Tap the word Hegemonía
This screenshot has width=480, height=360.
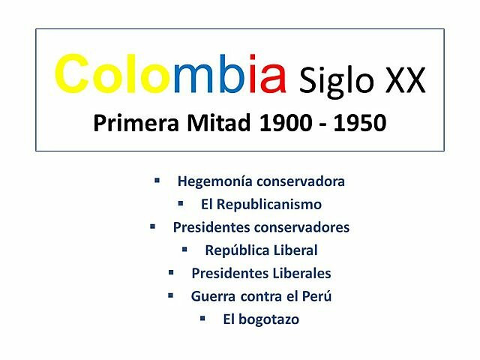coord(214,181)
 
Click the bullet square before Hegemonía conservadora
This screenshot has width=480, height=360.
coord(157,181)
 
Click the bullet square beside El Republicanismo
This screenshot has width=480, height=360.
coord(180,203)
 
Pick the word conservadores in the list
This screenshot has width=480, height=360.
coord(302,227)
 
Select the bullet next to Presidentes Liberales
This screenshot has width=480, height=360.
coord(171,272)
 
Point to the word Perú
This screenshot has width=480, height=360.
coord(315,296)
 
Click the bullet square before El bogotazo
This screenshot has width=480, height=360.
coord(202,318)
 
